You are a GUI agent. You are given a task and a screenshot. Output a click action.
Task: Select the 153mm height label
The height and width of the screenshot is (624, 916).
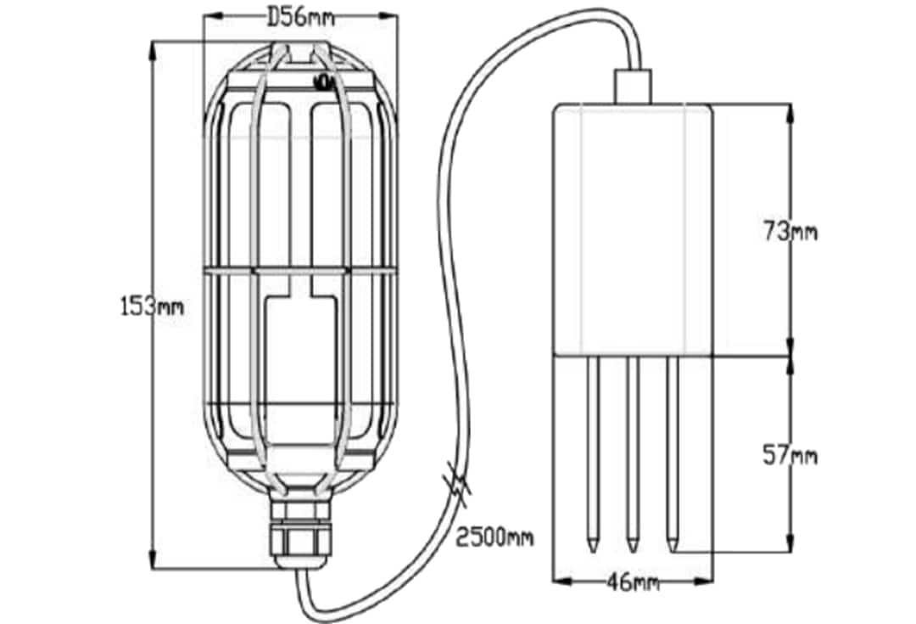pos(151,306)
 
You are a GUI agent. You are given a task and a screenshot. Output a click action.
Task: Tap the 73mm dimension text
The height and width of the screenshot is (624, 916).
pos(790,231)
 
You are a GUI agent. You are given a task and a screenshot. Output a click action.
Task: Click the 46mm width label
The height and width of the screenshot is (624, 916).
pos(633,582)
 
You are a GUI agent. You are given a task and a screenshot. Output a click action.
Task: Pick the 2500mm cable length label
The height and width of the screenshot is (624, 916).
pos(494,537)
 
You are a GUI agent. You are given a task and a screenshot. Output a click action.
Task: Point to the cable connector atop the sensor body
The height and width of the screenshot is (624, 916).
pos(632,87)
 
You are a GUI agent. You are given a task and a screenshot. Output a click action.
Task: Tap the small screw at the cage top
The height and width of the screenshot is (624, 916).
pos(323,82)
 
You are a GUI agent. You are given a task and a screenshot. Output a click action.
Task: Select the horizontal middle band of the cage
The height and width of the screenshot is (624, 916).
pos(299,271)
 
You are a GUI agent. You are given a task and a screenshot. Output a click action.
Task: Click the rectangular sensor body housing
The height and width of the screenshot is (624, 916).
pos(632,229)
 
